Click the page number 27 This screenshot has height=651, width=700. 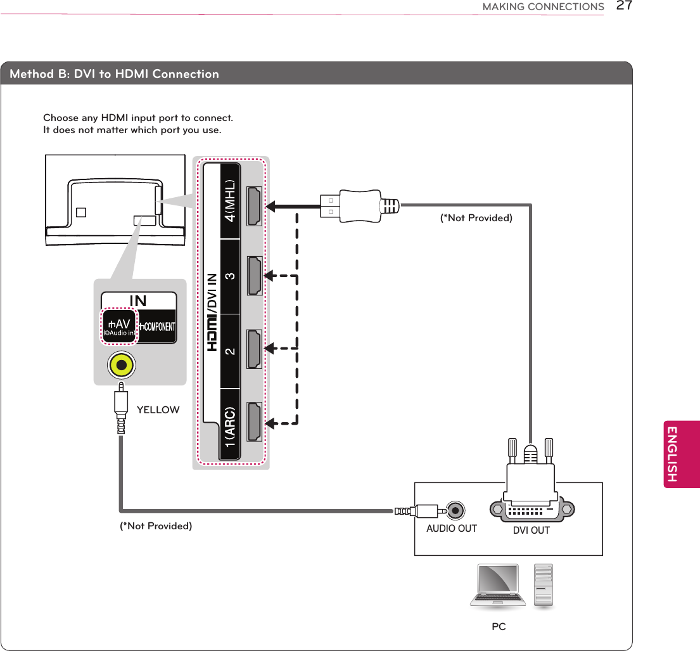(x=625, y=6)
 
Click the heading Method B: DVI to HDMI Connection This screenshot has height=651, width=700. (x=115, y=74)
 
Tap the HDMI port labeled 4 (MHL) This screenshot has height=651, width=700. (x=255, y=207)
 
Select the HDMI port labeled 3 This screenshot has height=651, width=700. (x=255, y=276)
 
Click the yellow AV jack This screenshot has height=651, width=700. (x=120, y=365)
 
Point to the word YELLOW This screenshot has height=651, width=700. (x=158, y=410)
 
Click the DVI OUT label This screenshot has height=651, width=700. (x=531, y=531)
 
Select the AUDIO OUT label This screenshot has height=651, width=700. (x=451, y=529)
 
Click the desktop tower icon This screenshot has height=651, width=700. (x=544, y=586)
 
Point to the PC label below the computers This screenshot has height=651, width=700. (x=499, y=627)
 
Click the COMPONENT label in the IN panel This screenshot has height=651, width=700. (x=157, y=326)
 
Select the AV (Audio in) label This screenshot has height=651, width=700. (x=119, y=326)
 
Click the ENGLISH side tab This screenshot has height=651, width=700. (x=682, y=454)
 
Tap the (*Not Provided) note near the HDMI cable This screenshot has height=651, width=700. (x=476, y=218)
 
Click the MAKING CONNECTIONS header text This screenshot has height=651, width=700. (x=543, y=7)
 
